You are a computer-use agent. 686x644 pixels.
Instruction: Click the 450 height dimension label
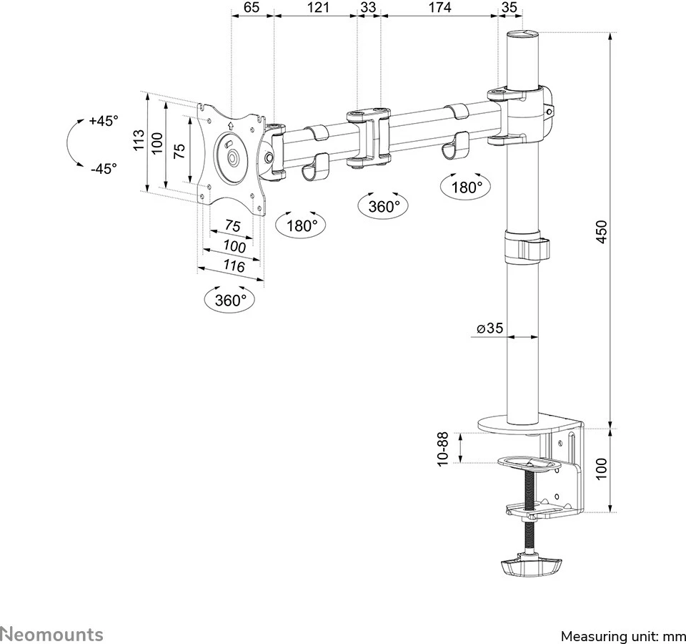click(x=602, y=233)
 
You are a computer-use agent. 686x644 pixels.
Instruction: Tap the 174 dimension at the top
click(x=439, y=8)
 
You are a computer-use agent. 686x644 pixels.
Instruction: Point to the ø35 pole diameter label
click(x=490, y=328)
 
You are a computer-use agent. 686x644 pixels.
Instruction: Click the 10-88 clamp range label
click(x=443, y=449)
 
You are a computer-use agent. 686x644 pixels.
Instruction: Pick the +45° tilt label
click(x=104, y=121)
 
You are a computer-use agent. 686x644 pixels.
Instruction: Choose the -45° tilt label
click(x=104, y=169)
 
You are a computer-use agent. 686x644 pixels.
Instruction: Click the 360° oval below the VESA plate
click(x=230, y=301)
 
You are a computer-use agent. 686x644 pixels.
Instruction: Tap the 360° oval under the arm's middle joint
click(x=384, y=207)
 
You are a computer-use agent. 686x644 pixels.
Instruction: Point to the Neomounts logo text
click(x=52, y=634)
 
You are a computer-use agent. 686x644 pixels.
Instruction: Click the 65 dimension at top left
click(x=251, y=8)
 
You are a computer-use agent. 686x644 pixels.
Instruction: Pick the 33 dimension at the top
click(x=368, y=8)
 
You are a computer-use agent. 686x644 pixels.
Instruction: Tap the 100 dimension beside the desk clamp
click(x=602, y=470)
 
